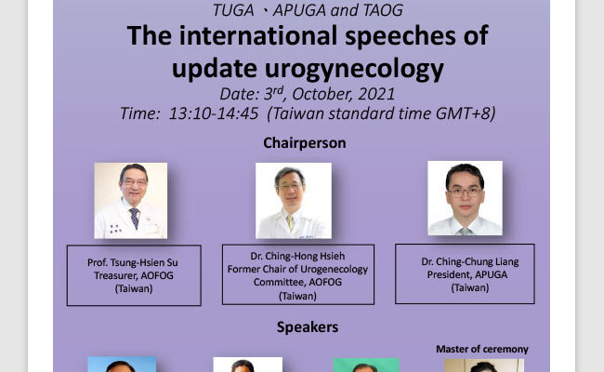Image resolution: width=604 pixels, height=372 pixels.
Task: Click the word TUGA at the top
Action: (x=233, y=10)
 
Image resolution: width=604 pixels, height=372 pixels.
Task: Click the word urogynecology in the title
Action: (x=354, y=70)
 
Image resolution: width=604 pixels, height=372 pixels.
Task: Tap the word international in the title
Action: (x=259, y=35)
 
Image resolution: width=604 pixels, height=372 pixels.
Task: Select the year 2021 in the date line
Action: (x=376, y=94)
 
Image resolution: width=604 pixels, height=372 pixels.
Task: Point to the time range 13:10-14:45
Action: (x=214, y=113)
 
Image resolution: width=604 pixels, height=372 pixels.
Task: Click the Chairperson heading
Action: (x=305, y=143)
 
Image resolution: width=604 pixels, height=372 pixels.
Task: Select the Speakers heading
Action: (x=308, y=327)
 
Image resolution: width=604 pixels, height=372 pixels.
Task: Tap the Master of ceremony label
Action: (x=482, y=350)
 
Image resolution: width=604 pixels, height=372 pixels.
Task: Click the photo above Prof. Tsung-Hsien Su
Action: (x=131, y=201)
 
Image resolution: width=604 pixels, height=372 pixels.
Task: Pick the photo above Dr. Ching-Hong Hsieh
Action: (x=294, y=201)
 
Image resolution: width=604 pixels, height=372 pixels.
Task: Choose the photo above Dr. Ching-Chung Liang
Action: (x=465, y=198)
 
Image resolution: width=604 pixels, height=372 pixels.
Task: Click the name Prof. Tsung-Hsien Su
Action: (x=133, y=263)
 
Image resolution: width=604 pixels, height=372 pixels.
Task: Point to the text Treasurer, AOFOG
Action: (x=134, y=276)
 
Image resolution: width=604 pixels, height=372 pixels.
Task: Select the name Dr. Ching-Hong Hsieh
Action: (x=297, y=257)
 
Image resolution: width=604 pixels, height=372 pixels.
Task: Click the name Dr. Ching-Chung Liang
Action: (x=469, y=262)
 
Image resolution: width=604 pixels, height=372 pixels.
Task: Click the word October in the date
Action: (x=322, y=95)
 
